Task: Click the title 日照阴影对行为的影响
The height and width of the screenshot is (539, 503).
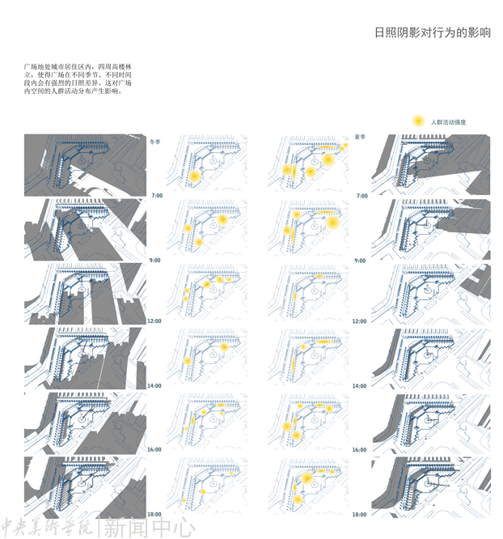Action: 433,33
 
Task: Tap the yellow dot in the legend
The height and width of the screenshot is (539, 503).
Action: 418,121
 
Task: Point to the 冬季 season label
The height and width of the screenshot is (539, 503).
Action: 156,140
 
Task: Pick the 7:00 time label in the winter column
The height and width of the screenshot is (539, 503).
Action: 156,196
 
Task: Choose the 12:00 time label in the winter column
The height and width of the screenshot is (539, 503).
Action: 154,321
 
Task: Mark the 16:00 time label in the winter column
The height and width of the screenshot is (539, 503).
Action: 154,449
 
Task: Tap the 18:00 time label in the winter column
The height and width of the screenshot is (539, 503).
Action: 154,514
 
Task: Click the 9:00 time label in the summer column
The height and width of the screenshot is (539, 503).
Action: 361,261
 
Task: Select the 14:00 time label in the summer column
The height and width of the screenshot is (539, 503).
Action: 359,386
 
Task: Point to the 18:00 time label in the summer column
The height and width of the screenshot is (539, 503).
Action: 359,514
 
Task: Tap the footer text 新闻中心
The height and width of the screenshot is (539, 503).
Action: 148,528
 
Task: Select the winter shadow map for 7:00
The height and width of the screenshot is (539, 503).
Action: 85,165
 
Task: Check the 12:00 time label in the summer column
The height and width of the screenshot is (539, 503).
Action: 359,321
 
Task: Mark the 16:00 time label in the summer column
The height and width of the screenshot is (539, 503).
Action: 359,449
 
